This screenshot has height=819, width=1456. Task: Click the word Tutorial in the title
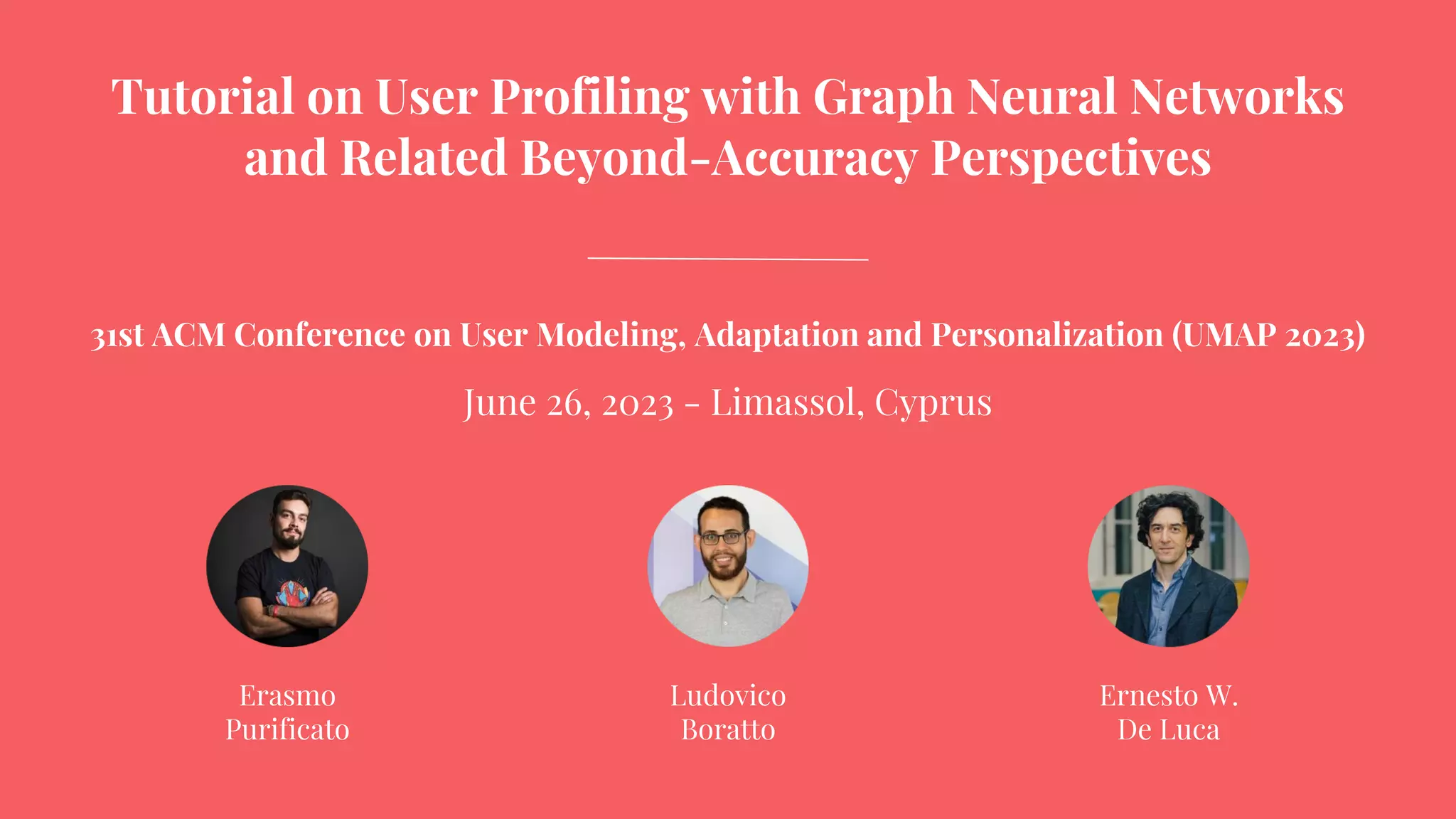tap(203, 97)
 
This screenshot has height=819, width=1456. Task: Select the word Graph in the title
tap(882, 98)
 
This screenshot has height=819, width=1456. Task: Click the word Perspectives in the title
tap(1071, 158)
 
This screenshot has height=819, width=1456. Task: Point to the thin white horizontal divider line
tap(727, 259)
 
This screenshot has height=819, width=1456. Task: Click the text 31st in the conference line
tap(117, 336)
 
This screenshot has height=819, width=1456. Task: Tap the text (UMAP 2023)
tap(1268, 336)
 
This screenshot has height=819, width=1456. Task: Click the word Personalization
tap(1046, 336)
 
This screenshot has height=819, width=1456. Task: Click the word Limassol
tap(786, 402)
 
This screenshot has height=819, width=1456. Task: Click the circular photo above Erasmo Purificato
tap(287, 566)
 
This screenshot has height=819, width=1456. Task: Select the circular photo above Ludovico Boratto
tap(728, 566)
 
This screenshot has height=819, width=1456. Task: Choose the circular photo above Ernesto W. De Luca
tap(1168, 566)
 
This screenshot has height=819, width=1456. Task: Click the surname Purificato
tap(287, 730)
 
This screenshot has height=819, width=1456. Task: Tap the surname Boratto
tap(728, 730)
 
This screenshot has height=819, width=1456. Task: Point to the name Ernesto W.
tap(1168, 696)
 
